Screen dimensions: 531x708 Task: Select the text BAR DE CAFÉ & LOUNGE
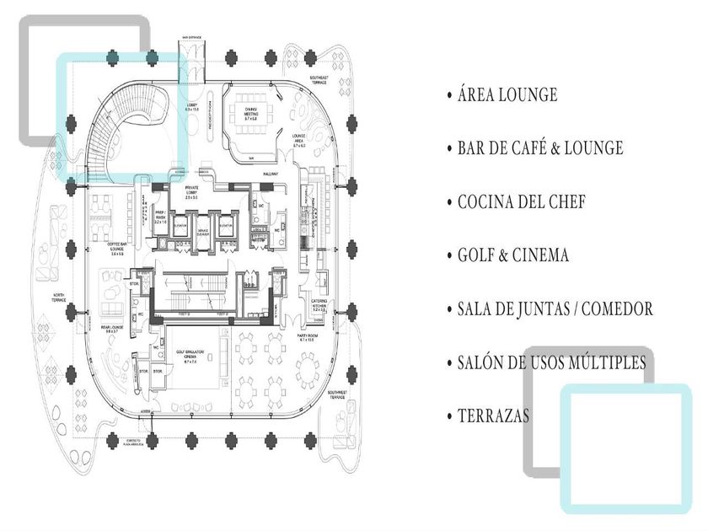point(540,148)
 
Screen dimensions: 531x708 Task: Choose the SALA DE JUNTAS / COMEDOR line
point(555,309)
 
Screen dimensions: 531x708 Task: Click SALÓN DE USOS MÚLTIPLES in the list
point(552,362)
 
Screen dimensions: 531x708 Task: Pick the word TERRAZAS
point(494,416)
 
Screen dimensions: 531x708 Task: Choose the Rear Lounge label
point(116,328)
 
